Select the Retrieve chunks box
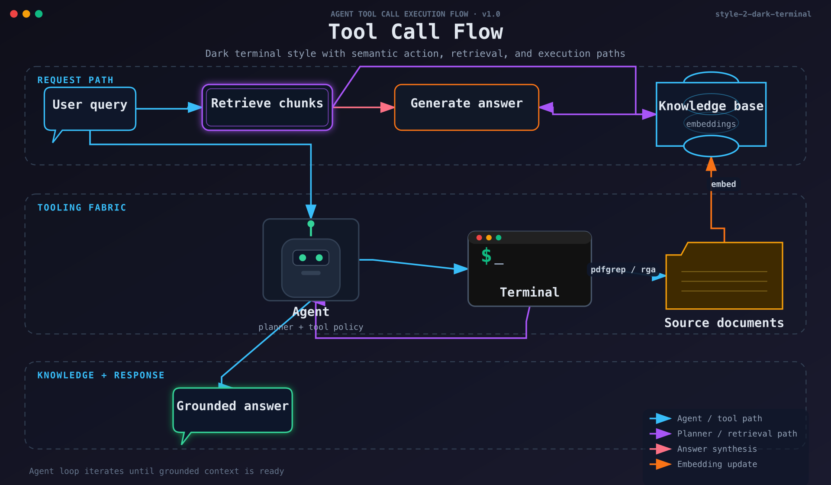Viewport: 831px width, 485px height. [267, 107]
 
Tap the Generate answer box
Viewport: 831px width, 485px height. [467, 107]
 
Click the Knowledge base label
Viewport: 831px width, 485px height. [711, 106]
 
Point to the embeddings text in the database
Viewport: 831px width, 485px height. [711, 124]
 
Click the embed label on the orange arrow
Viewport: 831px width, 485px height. [723, 184]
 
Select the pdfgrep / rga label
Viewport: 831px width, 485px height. [623, 269]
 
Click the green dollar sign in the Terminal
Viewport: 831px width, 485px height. [486, 255]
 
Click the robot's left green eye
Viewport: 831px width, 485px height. [303, 258]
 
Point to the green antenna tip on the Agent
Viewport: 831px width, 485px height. [311, 224]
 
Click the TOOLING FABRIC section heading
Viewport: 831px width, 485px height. [82, 207]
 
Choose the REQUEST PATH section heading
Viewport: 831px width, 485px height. [75, 80]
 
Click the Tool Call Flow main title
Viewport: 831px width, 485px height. [415, 32]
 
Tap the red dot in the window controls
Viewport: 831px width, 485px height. [14, 14]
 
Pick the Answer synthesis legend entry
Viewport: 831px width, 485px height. [717, 449]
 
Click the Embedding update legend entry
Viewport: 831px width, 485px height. [717, 464]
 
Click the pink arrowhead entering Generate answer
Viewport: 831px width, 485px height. [387, 107]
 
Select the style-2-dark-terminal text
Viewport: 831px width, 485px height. [763, 14]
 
